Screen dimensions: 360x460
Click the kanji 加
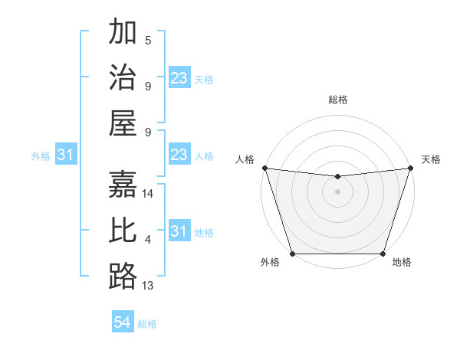[123, 33]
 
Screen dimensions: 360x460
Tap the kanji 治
[123, 79]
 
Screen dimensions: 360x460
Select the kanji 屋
[123, 125]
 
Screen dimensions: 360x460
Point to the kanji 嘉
[123, 185]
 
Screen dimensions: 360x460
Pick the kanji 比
[123, 231]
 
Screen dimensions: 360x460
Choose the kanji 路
[123, 277]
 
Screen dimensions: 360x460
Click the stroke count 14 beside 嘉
[149, 194]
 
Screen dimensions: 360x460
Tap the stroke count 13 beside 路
[149, 286]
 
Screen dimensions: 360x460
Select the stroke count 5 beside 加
[148, 41]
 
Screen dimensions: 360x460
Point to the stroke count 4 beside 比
[148, 240]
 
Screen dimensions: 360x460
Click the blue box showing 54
[123, 322]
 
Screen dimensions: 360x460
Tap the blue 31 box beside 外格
[65, 155]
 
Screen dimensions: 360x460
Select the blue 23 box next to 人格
[179, 155]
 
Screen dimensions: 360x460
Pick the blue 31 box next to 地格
[179, 231]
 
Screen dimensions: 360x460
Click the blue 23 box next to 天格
[179, 78]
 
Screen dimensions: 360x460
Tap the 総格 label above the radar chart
[337, 100]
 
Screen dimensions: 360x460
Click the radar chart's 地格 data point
[383, 254]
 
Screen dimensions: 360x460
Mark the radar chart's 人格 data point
[264, 168]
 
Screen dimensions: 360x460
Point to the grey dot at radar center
[337, 191]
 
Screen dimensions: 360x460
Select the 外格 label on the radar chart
[270, 263]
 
